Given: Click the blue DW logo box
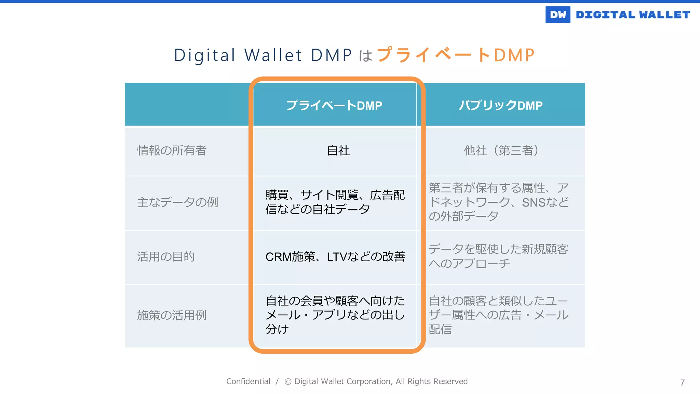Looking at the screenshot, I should [x=557, y=15].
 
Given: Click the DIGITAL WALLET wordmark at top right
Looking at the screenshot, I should [x=633, y=15].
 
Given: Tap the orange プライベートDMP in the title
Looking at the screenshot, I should [x=455, y=55].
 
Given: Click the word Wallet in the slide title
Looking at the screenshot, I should [x=273, y=55].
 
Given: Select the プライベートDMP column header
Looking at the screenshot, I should [x=334, y=105].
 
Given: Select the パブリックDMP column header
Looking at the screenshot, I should [x=500, y=105].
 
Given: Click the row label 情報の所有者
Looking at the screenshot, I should [x=172, y=150].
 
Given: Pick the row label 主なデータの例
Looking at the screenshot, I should [x=177, y=202].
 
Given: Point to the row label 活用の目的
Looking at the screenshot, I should [x=166, y=257].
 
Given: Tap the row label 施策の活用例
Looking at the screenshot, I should [x=172, y=315].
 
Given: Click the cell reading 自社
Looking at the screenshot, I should [x=338, y=150].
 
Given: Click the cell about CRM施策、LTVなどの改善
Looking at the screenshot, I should [x=335, y=257].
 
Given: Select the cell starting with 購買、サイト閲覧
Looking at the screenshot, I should [x=335, y=202].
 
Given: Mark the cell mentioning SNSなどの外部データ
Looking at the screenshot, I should [x=498, y=202].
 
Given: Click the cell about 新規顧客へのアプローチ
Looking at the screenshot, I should [x=498, y=256].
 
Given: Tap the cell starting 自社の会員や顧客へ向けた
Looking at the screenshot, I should [x=335, y=315].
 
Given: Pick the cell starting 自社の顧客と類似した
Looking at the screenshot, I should [x=498, y=315].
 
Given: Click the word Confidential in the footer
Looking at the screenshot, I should [x=248, y=381].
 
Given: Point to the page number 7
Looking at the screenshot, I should [x=682, y=383].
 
